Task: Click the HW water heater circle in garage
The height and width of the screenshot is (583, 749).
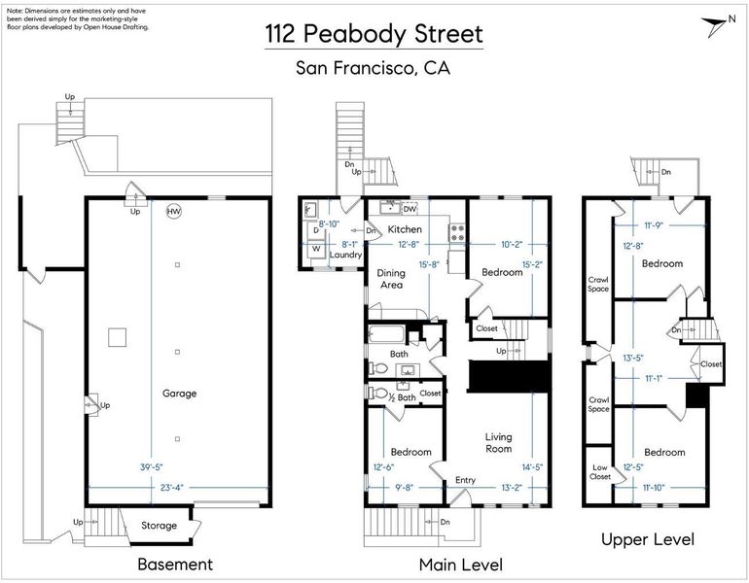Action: click(x=174, y=212)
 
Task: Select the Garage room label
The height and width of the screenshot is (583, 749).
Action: click(x=179, y=394)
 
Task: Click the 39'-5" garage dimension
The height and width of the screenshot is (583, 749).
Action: click(x=151, y=467)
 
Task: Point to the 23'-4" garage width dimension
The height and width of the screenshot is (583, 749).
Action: click(x=171, y=487)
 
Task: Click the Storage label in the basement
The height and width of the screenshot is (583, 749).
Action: click(x=160, y=526)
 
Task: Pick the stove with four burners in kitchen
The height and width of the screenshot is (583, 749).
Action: click(x=457, y=233)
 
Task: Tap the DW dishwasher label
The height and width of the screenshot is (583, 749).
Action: click(x=410, y=209)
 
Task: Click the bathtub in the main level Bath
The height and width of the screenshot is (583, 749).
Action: click(x=387, y=333)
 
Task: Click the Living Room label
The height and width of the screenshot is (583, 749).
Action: click(x=498, y=443)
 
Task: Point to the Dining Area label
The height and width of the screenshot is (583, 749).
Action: click(x=391, y=279)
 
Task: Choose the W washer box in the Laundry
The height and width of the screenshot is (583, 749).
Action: click(x=316, y=249)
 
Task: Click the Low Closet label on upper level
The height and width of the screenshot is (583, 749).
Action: click(x=600, y=472)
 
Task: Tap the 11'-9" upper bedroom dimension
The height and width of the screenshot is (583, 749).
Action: click(x=654, y=225)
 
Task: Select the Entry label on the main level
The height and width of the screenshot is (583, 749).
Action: click(x=465, y=480)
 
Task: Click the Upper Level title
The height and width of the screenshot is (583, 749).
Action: click(x=648, y=539)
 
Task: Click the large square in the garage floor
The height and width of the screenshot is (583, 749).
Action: click(x=117, y=337)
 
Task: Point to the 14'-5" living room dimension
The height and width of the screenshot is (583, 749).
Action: click(x=532, y=467)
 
